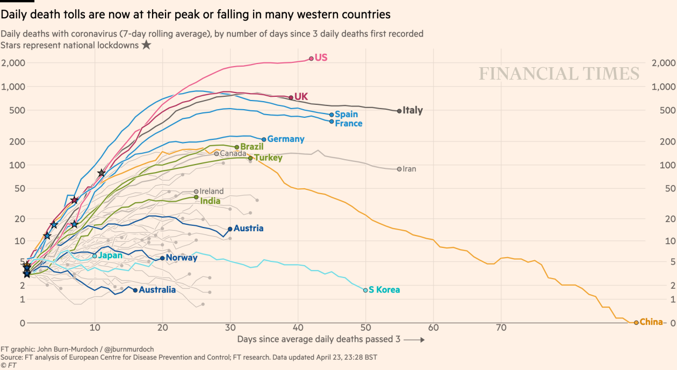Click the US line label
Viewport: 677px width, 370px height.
(x=321, y=58)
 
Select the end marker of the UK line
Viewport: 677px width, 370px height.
(x=291, y=97)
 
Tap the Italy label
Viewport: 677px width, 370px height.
(x=413, y=111)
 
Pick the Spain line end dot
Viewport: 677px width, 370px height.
(x=332, y=115)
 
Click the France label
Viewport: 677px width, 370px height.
(x=348, y=124)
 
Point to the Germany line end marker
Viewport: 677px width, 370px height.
(x=264, y=139)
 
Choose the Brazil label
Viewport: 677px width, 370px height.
(x=251, y=147)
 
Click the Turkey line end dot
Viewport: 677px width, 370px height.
(x=250, y=158)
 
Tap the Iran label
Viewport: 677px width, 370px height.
(x=409, y=169)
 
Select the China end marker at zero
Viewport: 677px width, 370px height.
(x=636, y=323)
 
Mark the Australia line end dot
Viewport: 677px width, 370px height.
(x=135, y=290)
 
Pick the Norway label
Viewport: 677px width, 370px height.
(x=182, y=258)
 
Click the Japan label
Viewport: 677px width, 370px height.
(x=110, y=255)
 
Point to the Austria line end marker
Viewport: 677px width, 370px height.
(x=230, y=229)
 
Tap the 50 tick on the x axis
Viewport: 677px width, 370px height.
(x=365, y=328)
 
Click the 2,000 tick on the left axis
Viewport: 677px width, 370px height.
(x=13, y=63)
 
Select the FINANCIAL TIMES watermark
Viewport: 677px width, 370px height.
(x=559, y=74)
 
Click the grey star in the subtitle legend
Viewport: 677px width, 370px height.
(x=146, y=45)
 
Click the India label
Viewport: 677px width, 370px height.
(x=210, y=201)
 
